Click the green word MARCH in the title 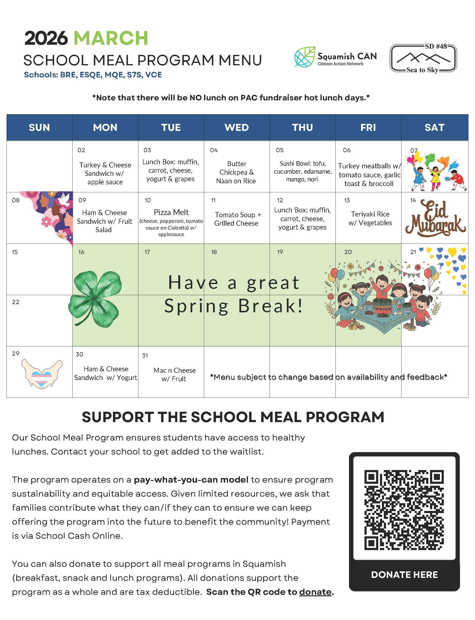pos(111,38)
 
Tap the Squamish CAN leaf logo pos(305,57)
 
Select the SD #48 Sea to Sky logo pos(423,59)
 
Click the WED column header pos(237,127)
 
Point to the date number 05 pos(280,150)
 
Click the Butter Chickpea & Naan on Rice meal pos(236,172)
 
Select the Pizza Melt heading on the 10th pos(171,212)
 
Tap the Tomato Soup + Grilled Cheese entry pos(237,219)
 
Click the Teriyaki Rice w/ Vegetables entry pos(370,218)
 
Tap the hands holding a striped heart pos(42,373)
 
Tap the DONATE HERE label pos(404,575)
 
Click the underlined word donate pos(315,592)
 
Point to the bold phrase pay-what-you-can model pos(191,480)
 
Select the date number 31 pos(145,355)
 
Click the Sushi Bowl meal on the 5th pos(302,171)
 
